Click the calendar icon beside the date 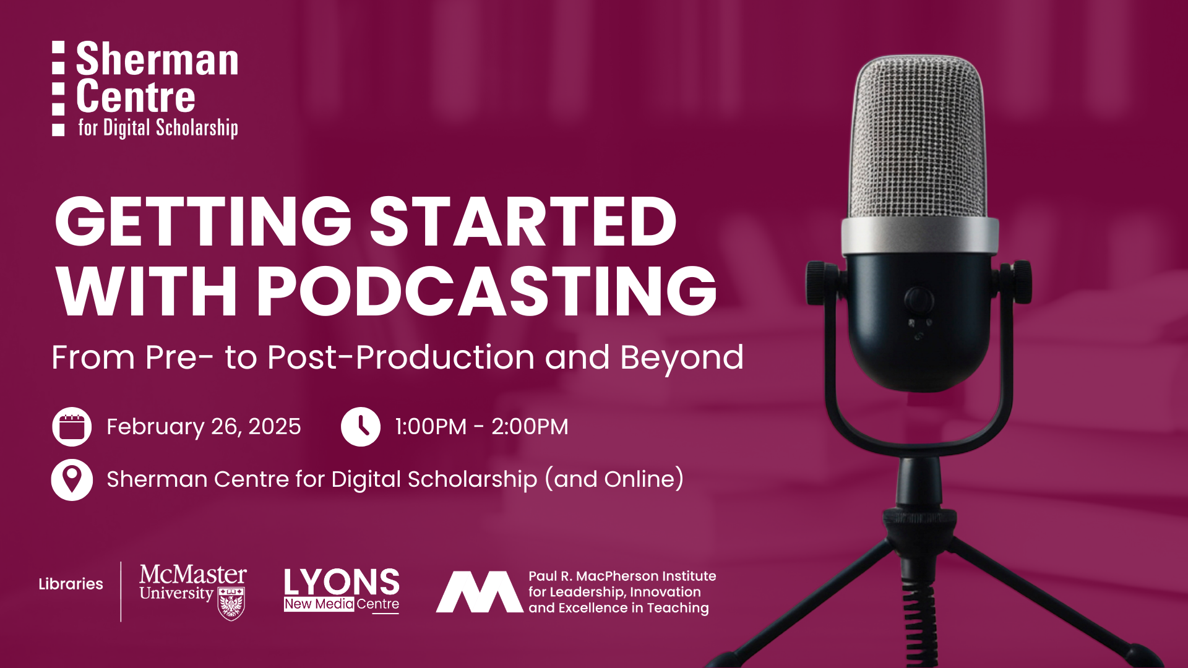point(72,427)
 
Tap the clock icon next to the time point(361,427)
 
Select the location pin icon point(72,480)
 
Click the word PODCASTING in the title point(486,291)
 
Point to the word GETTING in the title point(204,221)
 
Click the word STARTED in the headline point(523,221)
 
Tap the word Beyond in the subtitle point(682,358)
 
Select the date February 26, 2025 point(204,427)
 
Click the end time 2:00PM point(530,427)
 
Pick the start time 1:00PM point(431,427)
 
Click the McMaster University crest point(231,604)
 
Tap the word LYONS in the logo point(342,582)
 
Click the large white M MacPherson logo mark point(480,592)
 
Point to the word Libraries point(71,584)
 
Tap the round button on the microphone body point(919,301)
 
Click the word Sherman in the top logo point(157,59)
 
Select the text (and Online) point(614,479)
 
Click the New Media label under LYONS point(319,604)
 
